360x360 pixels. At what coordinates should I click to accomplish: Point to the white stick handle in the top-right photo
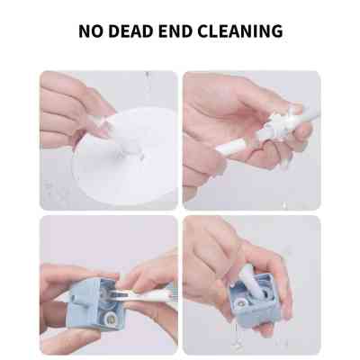click(x=306, y=99)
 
